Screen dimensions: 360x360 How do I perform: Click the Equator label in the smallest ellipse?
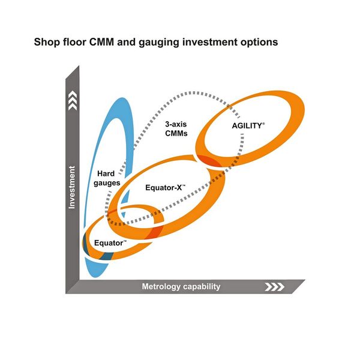coord(110,243)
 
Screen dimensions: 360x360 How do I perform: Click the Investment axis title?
coord(72,187)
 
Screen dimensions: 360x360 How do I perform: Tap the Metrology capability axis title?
coord(181,287)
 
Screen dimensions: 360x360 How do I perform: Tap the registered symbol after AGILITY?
coord(263,124)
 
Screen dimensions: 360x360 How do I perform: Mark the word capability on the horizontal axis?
coord(199,287)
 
